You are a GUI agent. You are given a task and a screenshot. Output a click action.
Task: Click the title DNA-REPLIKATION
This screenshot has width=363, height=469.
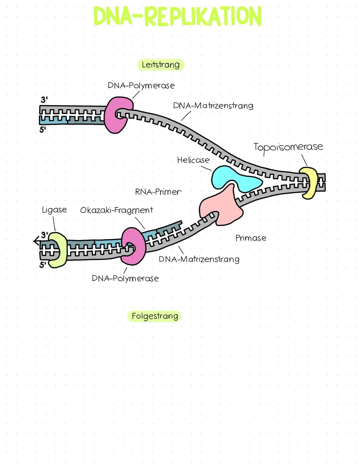coord(177,16)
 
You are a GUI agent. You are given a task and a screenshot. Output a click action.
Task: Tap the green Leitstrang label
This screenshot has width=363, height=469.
coord(161,64)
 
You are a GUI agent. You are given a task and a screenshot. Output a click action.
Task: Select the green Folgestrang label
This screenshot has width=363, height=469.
coord(155,316)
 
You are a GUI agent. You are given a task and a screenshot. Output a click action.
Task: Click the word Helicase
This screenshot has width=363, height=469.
coord(193,160)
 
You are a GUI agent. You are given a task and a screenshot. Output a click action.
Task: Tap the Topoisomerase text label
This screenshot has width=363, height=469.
coord(288,147)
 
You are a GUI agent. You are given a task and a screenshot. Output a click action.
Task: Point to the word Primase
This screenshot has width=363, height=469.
coord(251,238)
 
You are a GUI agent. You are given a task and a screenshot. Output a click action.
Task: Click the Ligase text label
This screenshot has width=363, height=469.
coord(54,210)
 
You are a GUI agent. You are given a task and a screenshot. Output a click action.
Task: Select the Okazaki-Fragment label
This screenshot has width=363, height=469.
coord(116,210)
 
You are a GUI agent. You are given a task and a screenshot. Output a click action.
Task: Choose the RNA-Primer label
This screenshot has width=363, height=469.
coord(158,192)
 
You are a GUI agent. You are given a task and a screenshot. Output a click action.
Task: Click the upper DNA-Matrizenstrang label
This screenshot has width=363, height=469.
coord(213,105)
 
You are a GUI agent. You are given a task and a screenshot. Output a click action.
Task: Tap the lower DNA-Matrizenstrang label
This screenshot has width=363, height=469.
coord(199,259)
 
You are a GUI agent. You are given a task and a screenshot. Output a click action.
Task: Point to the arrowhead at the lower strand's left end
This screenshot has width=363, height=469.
coord(36,240)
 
